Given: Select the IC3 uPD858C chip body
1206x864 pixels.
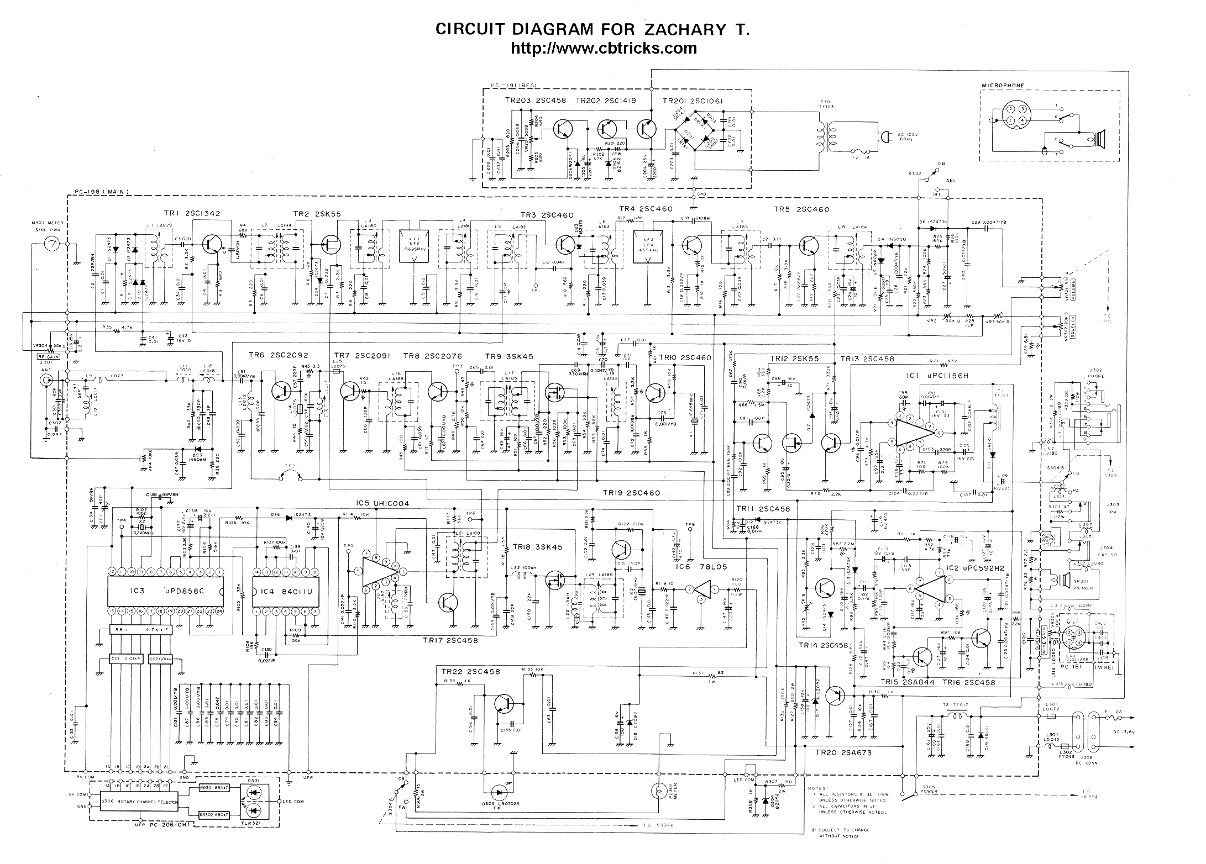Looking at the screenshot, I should pos(165,591).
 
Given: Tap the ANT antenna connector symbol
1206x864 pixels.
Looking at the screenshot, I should pos(45,381).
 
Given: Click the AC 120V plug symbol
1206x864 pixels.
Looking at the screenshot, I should pos(884,135).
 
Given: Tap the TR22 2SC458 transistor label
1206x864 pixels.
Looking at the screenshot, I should pos(471,672).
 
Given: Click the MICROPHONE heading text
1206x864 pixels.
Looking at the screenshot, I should pos(1003,86).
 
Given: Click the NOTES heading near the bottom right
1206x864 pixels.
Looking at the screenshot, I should pos(817,788).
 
